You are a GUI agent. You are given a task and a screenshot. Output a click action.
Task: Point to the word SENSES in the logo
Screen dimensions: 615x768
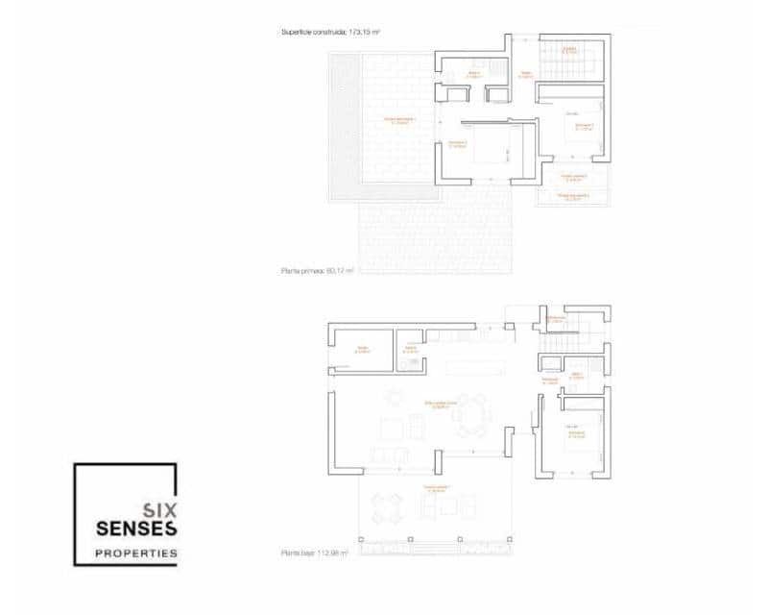tap(135, 529)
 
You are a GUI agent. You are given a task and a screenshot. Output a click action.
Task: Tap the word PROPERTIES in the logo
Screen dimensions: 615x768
tap(135, 553)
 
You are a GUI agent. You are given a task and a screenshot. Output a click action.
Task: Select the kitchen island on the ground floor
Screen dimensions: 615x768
tap(471, 366)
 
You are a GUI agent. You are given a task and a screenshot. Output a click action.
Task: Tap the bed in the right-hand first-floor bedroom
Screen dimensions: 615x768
tap(580, 134)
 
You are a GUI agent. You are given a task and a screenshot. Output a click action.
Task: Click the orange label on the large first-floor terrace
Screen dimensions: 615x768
tap(400, 120)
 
